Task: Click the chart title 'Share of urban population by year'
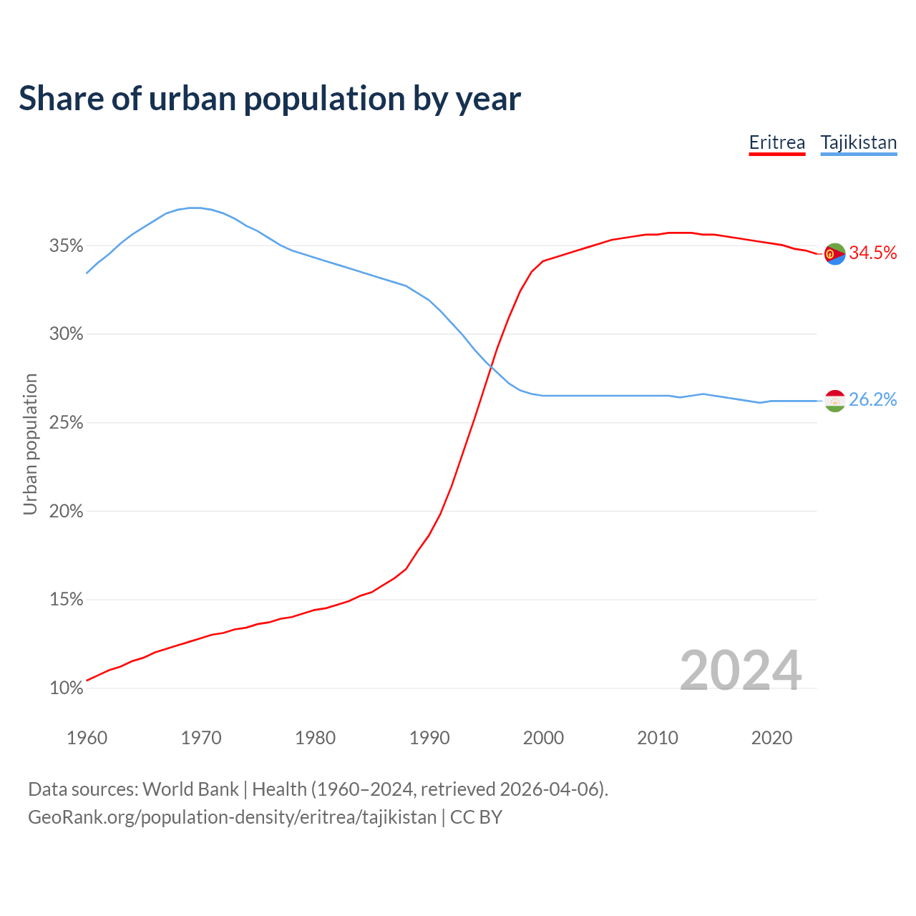coord(270,99)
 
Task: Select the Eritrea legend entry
coord(777,142)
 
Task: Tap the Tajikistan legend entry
coord(859,142)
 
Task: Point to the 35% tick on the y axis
coord(67,246)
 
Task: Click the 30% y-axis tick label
coord(67,334)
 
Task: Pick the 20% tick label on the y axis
coord(67,512)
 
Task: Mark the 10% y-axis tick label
coord(67,688)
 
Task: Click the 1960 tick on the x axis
coord(87,738)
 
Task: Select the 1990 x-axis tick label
coord(429,738)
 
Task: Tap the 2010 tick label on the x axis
coord(658,738)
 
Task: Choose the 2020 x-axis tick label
coord(771,738)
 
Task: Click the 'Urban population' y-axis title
coord(30,444)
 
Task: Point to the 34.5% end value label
coord(873,253)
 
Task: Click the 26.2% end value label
coord(873,400)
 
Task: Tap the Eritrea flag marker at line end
coord(835,253)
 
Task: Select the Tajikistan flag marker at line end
coord(835,401)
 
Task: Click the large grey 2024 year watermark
coord(741,671)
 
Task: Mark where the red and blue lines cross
coord(491,367)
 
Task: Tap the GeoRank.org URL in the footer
coord(232,817)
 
